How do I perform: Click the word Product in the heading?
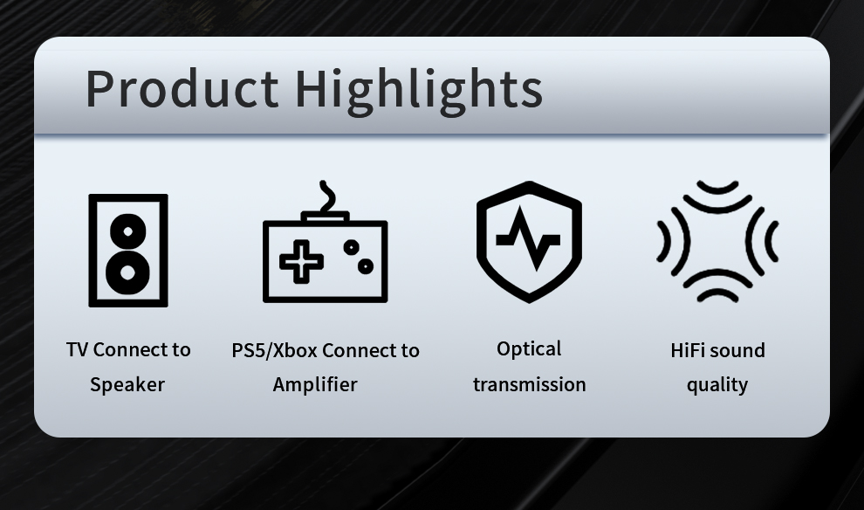point(182,88)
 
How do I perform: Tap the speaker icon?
point(128,251)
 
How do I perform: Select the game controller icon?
point(326,242)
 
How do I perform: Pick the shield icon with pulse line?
point(530,242)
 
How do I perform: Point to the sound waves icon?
point(717,242)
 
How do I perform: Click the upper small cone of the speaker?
point(127,231)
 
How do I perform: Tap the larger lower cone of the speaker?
point(127,272)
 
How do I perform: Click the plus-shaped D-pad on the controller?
point(301,262)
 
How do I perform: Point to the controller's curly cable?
point(327,196)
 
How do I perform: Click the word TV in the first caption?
point(77,349)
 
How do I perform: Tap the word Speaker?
point(127,384)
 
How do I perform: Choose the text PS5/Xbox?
point(274,351)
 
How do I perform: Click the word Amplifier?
point(315,384)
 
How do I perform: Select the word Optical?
point(529,349)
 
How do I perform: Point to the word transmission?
point(530,384)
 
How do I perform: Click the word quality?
point(717,385)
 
